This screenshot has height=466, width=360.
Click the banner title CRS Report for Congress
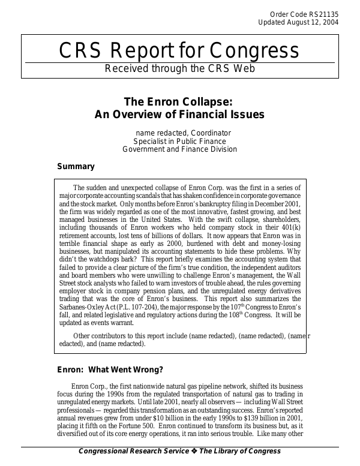click(179, 51)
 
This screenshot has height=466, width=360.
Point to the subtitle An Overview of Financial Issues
click(179, 114)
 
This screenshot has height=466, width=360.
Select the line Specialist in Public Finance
click(179, 141)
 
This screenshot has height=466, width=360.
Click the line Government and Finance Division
click(179, 149)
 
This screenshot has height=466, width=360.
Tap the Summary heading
click(76, 167)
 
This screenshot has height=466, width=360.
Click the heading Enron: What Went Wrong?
click(110, 369)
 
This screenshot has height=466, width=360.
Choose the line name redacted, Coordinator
click(183, 133)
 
